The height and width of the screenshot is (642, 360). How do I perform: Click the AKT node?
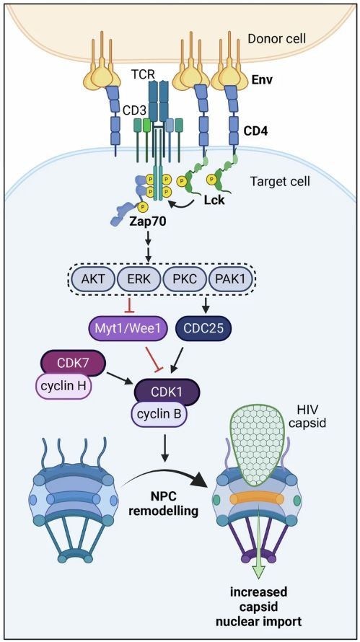point(92,279)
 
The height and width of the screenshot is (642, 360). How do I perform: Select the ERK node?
point(139,279)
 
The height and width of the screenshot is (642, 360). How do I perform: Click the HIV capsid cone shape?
point(258,443)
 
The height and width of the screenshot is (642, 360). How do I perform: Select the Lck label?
point(214,201)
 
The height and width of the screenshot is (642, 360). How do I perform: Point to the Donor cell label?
point(277,39)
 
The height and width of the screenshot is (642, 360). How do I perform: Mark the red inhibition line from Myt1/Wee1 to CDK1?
point(152,357)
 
